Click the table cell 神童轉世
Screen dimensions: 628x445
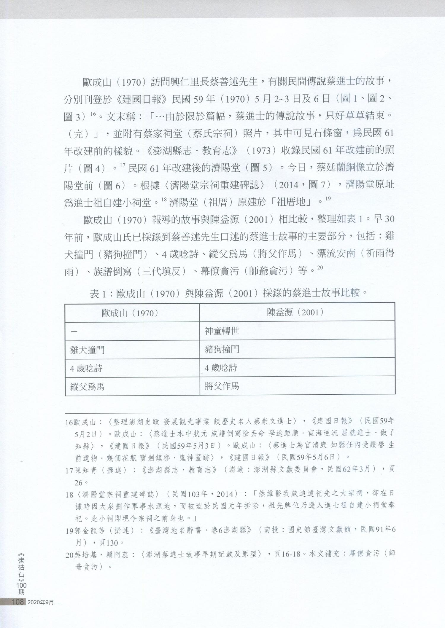[222, 331]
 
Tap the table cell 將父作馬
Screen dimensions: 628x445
[222, 386]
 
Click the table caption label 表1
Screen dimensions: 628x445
[98, 294]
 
